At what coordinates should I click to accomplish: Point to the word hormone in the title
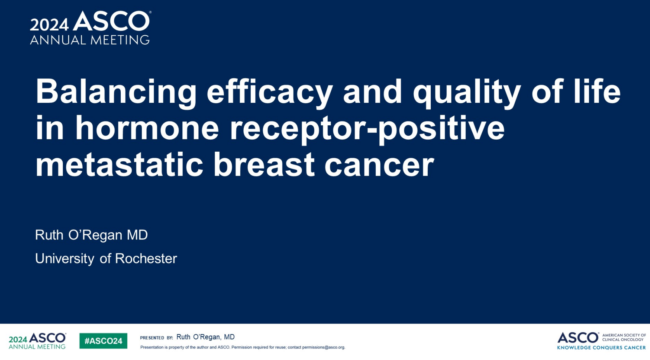(147, 128)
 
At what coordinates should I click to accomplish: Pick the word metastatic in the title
(119, 165)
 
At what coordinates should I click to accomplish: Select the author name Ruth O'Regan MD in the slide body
(92, 235)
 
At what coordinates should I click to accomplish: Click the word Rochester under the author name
(146, 258)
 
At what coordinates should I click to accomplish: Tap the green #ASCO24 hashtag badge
(103, 341)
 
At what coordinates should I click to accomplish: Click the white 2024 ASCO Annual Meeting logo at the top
(90, 28)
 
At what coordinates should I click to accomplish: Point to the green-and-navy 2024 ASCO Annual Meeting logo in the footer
(37, 341)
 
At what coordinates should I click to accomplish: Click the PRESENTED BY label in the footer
(156, 337)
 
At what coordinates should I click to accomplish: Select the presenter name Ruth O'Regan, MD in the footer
(205, 337)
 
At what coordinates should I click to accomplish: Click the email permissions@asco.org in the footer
(324, 347)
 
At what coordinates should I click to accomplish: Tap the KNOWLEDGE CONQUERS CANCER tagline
(601, 348)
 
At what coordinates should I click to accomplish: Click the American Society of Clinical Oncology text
(624, 337)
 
